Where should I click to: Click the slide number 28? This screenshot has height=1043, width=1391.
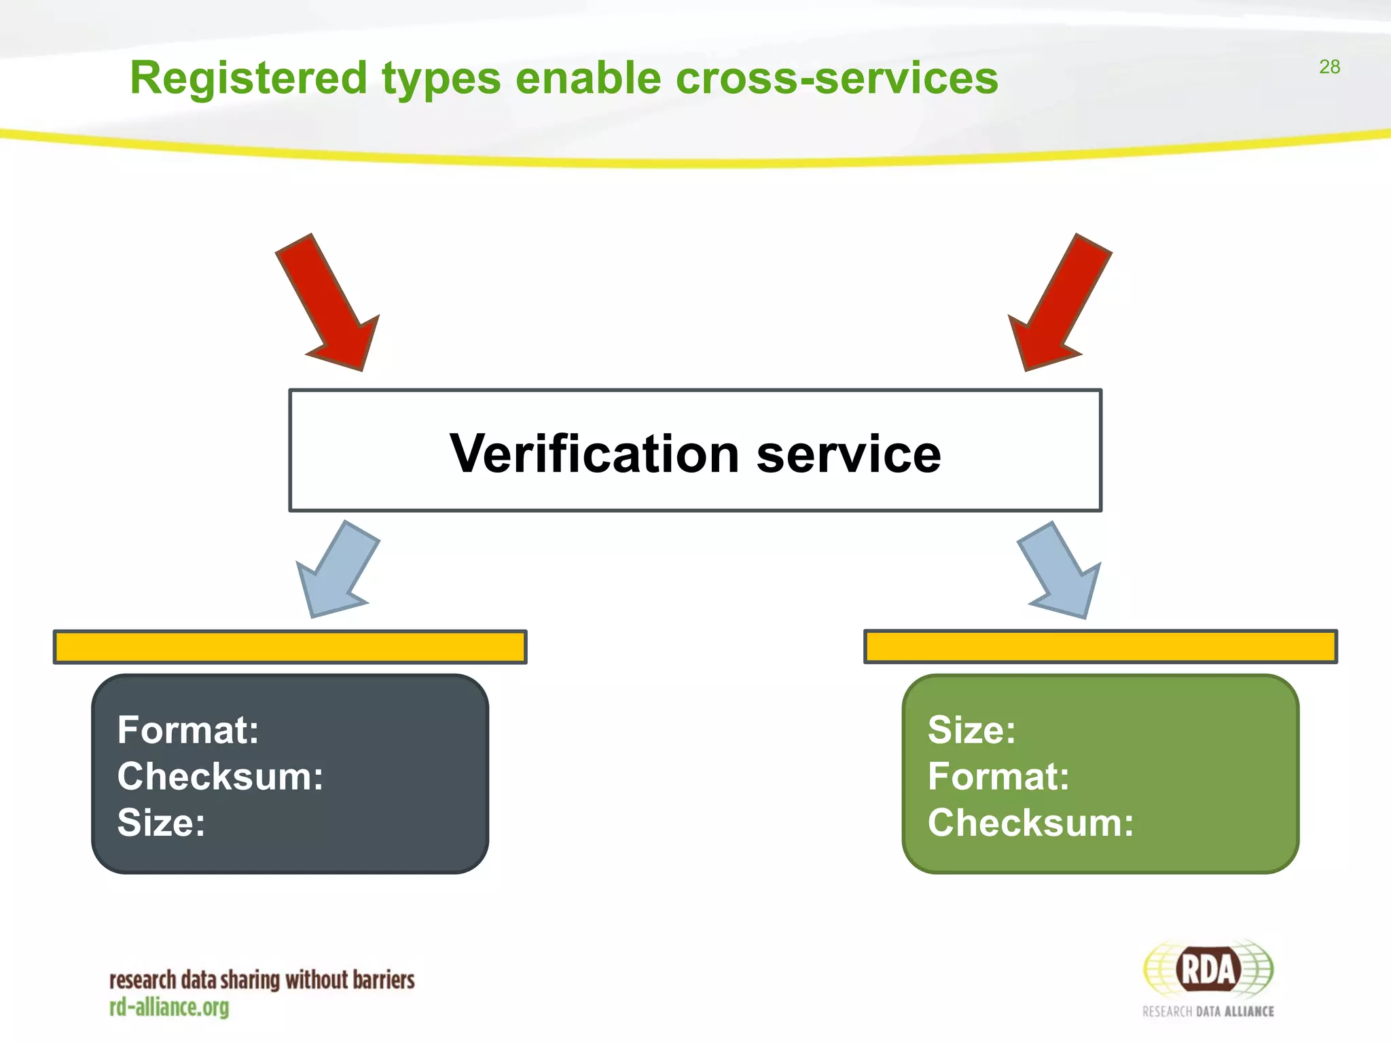pos(1329,67)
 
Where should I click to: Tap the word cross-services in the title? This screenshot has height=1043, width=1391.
pos(837,78)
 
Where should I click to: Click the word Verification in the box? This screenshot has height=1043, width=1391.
pos(594,454)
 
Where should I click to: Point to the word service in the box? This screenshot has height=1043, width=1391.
pos(848,454)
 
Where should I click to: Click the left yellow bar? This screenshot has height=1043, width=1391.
pos(290,646)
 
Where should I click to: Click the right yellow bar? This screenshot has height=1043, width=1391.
pos(1100,646)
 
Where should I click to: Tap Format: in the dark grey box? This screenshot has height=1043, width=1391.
pos(188,730)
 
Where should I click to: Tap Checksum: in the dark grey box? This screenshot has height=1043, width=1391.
pos(220,776)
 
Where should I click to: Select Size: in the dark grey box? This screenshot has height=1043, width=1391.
pos(161,822)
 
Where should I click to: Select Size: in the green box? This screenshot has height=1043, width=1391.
pos(972,730)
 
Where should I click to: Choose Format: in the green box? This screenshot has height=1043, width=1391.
pos(998,776)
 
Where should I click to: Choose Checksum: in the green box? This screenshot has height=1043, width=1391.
pos(1030,822)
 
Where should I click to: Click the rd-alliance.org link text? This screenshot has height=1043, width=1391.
pos(169,1007)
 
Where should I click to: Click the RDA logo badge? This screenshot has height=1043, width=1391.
pos(1208,970)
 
